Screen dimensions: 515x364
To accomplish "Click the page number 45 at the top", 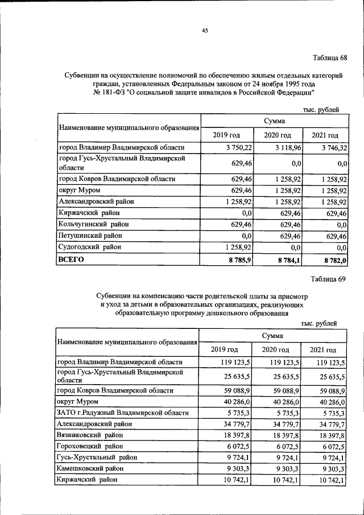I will click(x=205, y=31).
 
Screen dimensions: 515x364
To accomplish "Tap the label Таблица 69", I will click(x=329, y=278).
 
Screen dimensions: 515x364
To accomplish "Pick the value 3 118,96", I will click(x=286, y=147).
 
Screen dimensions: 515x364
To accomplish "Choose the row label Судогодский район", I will click(x=89, y=246).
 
